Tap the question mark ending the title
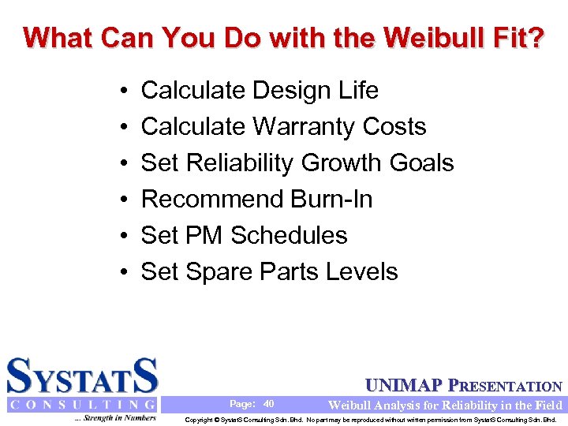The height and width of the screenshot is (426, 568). pyautogui.click(x=535, y=37)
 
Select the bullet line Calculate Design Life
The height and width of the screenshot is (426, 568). pyautogui.click(x=259, y=91)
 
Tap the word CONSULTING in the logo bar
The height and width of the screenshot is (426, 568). pyautogui.click(x=82, y=405)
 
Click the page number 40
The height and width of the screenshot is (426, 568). pyautogui.click(x=268, y=404)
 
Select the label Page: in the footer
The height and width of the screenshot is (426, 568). pyautogui.click(x=241, y=404)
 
